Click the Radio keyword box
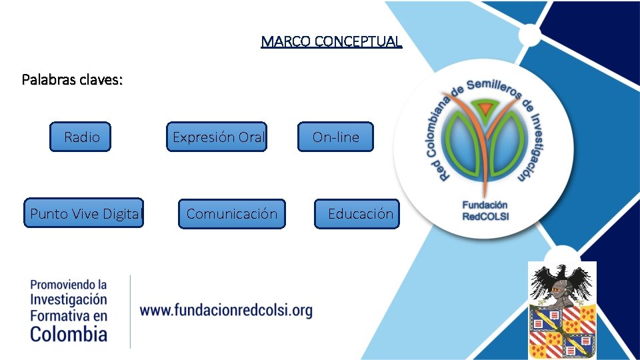point(81,137)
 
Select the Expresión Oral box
point(217,137)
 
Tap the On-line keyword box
point(335,137)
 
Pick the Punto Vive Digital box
point(84,213)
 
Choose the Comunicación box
point(231,214)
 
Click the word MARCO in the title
point(286,41)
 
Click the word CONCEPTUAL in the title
point(358,41)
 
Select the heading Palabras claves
point(72,80)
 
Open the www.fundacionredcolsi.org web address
point(226,310)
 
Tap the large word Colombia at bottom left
point(69,333)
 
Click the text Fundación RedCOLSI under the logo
point(485,210)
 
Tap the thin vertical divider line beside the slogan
point(130,311)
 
